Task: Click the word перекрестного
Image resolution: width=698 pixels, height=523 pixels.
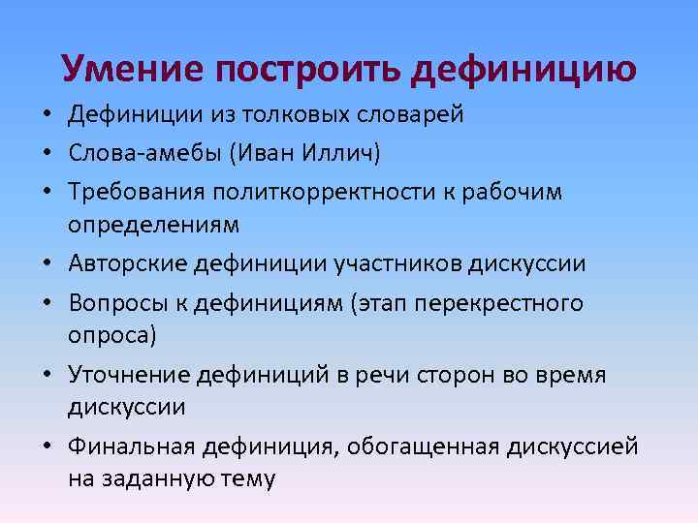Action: click(509, 303)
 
